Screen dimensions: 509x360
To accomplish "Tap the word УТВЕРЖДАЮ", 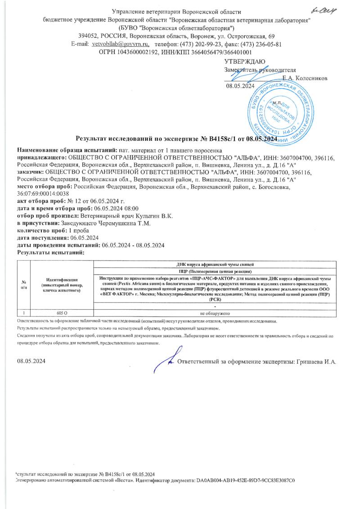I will click(x=245, y=62).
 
